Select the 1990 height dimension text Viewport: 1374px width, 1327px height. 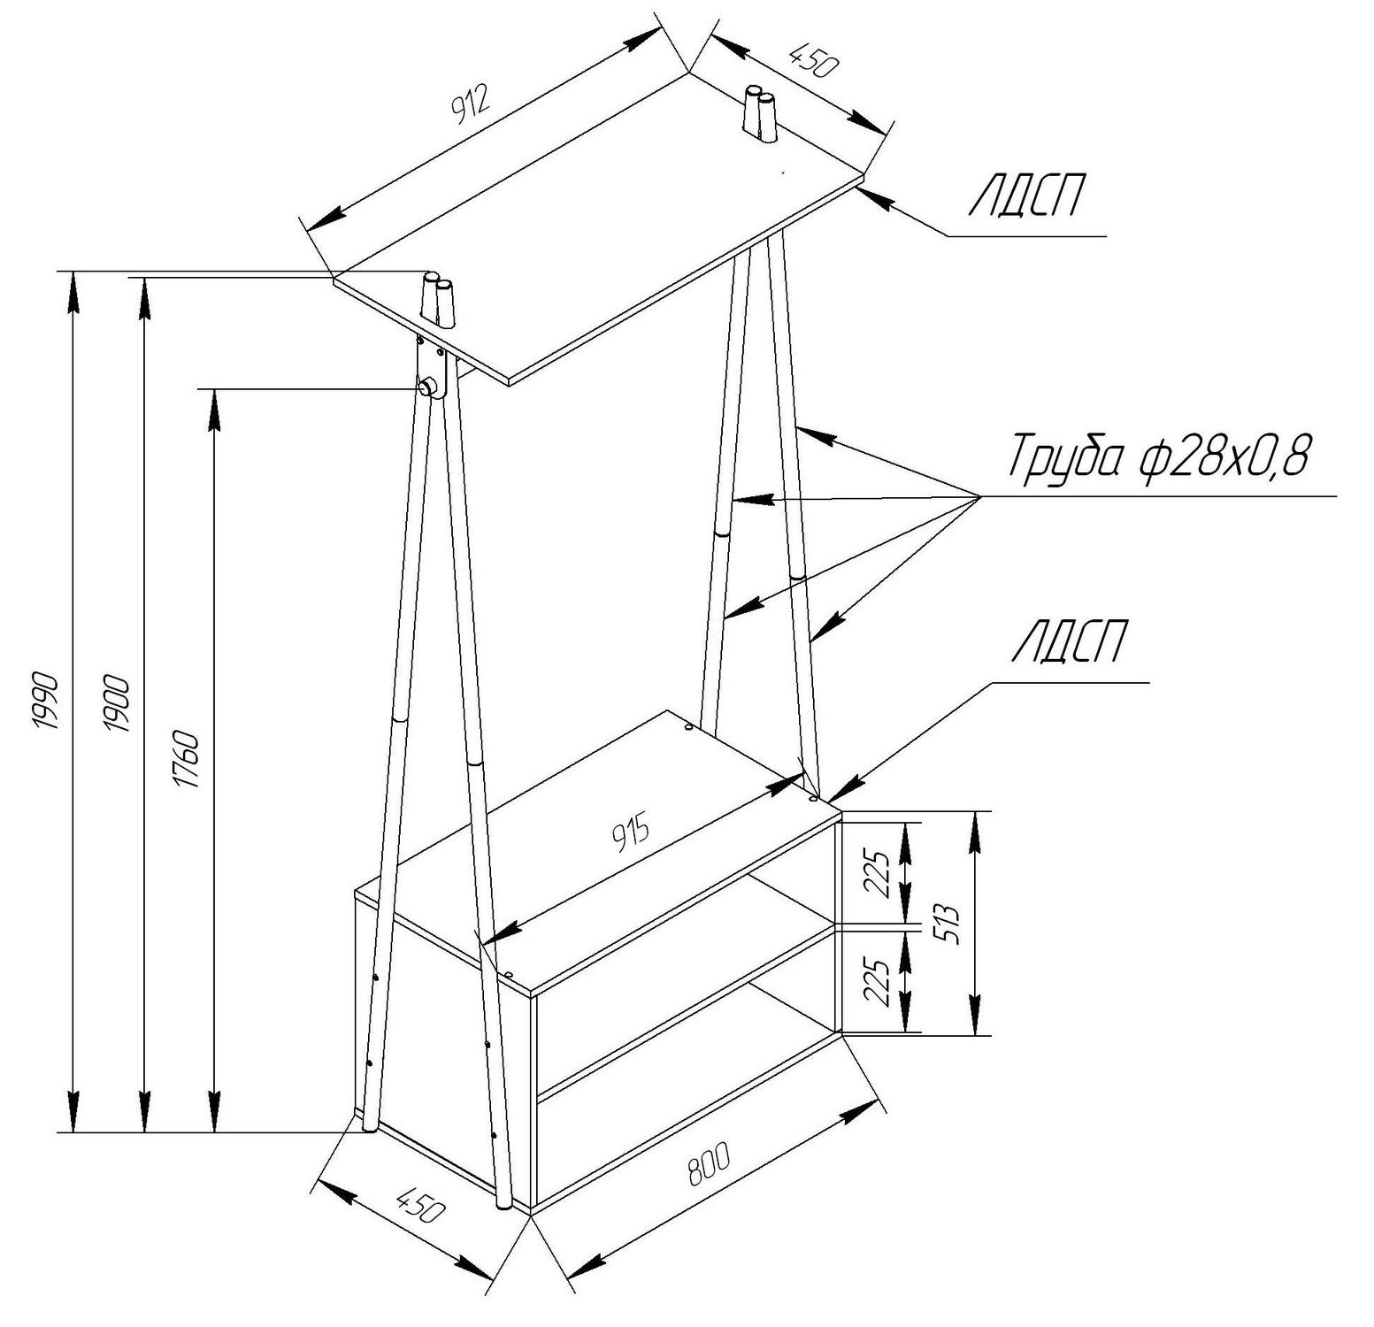click(44, 701)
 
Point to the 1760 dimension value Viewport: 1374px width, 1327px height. click(187, 758)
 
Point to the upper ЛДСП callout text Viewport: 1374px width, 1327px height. click(1028, 196)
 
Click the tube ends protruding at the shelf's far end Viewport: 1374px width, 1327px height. click(759, 113)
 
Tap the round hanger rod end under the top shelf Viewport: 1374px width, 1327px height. click(426, 387)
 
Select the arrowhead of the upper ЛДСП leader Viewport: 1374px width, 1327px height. click(875, 197)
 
